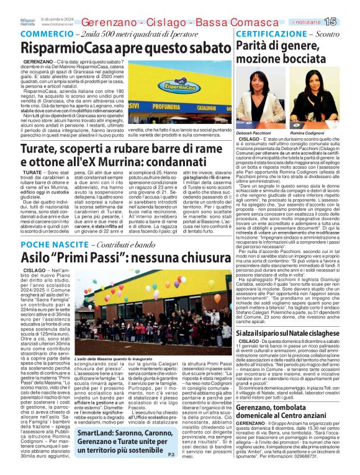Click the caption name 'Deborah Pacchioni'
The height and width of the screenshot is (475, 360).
point(254,133)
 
